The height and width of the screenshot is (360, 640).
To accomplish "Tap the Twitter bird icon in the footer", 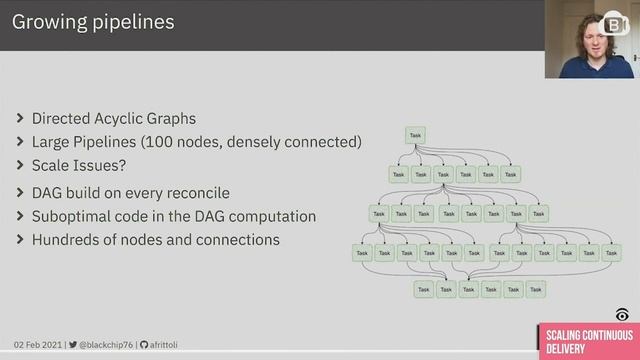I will (72, 344).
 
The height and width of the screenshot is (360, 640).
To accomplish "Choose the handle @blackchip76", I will (105, 344).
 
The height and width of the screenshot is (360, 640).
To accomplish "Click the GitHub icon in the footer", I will (143, 344).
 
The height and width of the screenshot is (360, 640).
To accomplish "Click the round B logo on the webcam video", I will (610, 23).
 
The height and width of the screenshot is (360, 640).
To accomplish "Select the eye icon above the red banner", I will (622, 314).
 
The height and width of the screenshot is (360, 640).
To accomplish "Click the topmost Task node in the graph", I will (416, 135).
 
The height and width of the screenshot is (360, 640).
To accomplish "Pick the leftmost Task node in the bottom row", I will (423, 290).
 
